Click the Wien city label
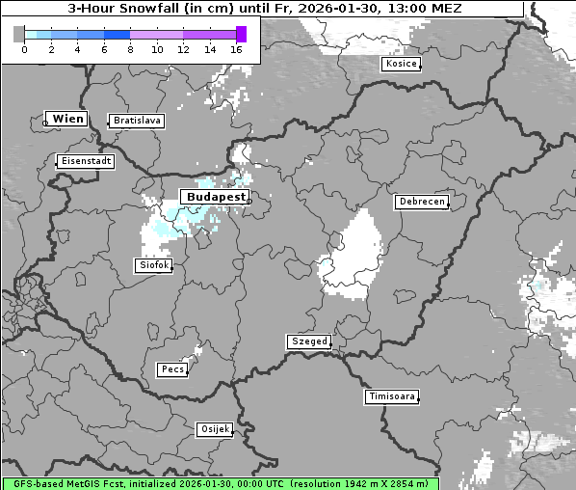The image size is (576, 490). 68,119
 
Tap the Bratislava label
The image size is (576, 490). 137,121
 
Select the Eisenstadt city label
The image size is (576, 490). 86,161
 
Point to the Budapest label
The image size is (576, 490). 217,196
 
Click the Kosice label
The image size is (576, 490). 401,64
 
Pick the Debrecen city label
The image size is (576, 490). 421,202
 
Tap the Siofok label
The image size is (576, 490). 152,264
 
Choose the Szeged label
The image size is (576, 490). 309,341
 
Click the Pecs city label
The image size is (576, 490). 172,369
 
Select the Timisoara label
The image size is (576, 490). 392,396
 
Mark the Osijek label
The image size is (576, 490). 215,429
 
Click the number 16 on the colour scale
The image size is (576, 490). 236,49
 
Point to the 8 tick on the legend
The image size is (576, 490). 129,49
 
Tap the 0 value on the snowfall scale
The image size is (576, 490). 23,49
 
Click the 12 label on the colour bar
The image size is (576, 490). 183,49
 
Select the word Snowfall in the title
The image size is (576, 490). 151,9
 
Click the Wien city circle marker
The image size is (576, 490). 45,122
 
